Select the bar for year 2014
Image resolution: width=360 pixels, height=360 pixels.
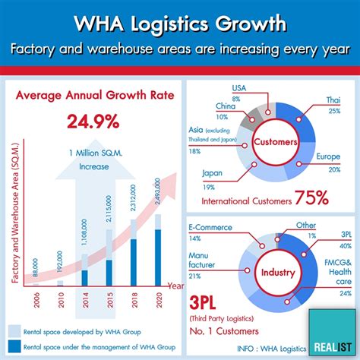pos(85,270)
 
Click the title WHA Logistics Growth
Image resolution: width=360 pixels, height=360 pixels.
pos(180,23)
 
